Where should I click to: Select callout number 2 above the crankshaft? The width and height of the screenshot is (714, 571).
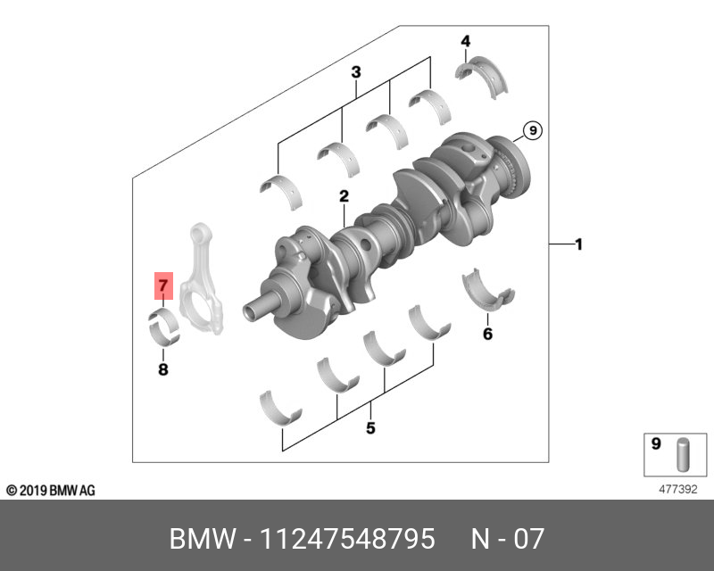tap(343, 196)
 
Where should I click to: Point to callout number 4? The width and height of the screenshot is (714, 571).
tap(465, 41)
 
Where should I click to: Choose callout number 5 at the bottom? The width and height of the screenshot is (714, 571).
tap(370, 428)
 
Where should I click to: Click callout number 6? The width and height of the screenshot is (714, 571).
tap(487, 334)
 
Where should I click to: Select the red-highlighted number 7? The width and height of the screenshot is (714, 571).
tap(162, 286)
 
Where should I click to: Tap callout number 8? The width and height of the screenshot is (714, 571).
tap(162, 368)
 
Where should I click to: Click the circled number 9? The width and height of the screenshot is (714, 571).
tap(531, 131)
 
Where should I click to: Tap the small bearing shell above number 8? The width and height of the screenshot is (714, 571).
tap(163, 327)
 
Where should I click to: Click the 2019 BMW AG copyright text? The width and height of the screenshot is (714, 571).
tap(51, 491)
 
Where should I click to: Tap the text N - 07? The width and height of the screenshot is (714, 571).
tap(507, 539)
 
